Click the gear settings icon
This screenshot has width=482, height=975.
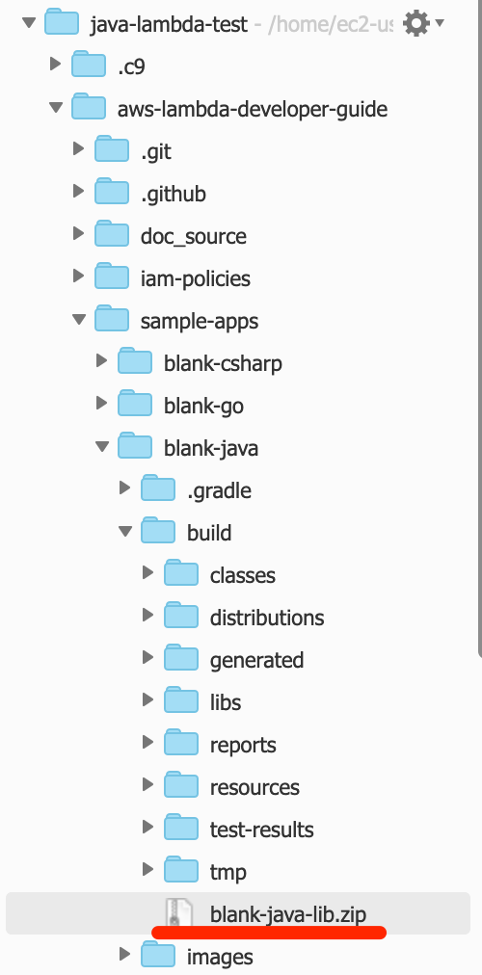tap(416, 24)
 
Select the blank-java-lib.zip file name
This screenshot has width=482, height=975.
tap(288, 914)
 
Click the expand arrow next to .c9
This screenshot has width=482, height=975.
tap(55, 64)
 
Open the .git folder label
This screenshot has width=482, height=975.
tap(155, 151)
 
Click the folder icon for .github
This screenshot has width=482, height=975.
tap(112, 193)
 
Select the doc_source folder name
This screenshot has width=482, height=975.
tap(194, 236)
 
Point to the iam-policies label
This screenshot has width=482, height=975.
tap(196, 278)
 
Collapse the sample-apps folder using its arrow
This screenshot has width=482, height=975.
tap(79, 320)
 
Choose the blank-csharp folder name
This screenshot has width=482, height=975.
tap(223, 363)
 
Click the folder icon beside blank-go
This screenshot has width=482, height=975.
tap(135, 405)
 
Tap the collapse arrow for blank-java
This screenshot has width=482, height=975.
tap(102, 446)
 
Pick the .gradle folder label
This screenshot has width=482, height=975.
tap(220, 490)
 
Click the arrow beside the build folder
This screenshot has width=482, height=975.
tap(125, 531)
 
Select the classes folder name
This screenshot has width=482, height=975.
tap(243, 575)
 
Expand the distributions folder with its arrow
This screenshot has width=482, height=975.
tap(148, 615)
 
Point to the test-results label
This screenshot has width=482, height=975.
tap(262, 830)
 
